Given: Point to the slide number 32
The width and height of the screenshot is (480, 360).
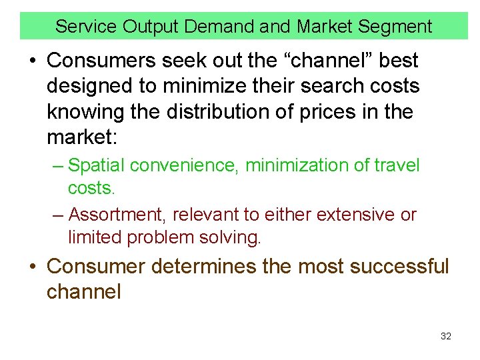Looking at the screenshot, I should pos(446,336).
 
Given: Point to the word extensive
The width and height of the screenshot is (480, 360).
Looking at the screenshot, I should pos(355,215).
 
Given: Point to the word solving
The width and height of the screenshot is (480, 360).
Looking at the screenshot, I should pos(227,237).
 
